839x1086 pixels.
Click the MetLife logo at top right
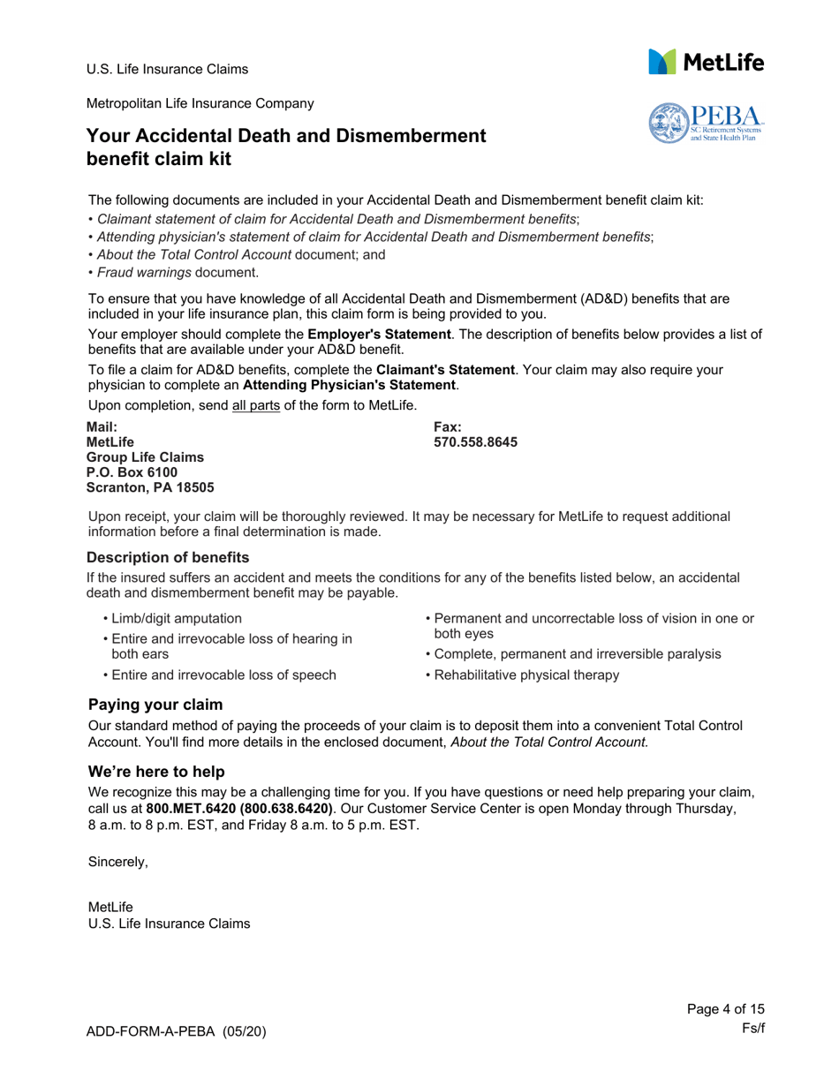click(706, 61)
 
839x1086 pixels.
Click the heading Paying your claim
click(155, 705)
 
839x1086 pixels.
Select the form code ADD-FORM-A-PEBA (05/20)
click(177, 1031)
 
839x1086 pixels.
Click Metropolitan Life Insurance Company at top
click(199, 103)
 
